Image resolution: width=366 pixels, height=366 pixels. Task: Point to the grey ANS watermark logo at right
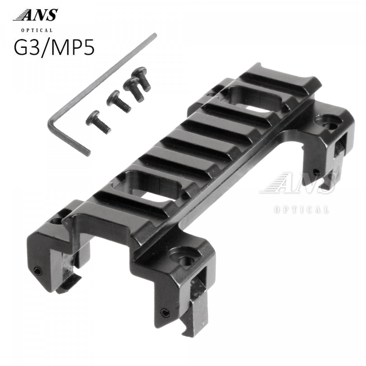(299, 183)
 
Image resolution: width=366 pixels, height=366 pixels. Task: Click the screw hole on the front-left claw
(56, 221)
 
